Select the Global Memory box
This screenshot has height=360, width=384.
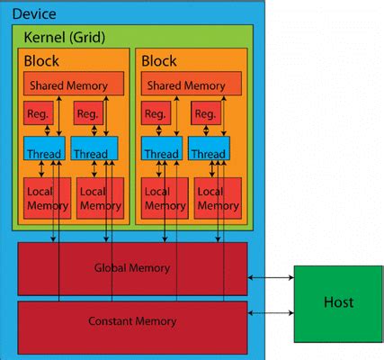tap(132, 268)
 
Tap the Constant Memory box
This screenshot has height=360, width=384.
tap(132, 321)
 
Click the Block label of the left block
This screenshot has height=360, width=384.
tap(42, 62)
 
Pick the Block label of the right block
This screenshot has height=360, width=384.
tap(159, 62)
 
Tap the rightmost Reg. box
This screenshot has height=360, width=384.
tap(207, 115)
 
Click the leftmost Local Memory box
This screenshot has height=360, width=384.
tap(46, 199)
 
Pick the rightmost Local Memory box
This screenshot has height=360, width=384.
tap(216, 199)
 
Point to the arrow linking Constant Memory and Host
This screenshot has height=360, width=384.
tap(271, 313)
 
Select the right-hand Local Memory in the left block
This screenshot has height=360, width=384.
tap(99, 199)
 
